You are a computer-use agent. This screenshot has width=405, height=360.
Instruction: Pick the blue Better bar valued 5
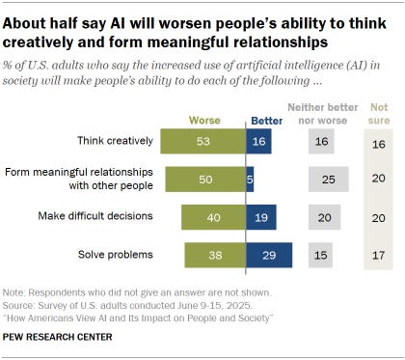(x=250, y=179)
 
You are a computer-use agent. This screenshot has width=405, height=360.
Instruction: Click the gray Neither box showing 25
(x=329, y=179)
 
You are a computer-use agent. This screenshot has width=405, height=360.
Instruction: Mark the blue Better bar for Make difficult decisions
(x=261, y=217)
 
